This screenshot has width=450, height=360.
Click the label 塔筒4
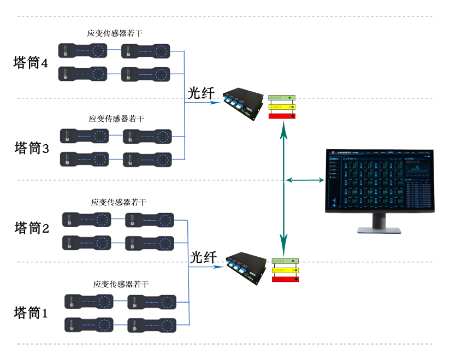[x=31, y=63]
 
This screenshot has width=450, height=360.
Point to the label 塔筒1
[x=31, y=313]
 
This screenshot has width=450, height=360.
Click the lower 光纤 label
[x=204, y=257]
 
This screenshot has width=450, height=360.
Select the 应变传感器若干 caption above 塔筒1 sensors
[x=121, y=285]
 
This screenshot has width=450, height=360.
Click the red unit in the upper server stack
[x=282, y=116]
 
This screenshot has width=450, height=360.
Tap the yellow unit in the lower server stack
[x=285, y=270]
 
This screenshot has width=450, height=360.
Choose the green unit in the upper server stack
[x=282, y=97]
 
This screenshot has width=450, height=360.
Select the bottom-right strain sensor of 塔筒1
[x=152, y=325]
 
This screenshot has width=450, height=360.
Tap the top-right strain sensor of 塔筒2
[x=149, y=220]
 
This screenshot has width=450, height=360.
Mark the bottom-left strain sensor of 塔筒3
[x=84, y=160]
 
